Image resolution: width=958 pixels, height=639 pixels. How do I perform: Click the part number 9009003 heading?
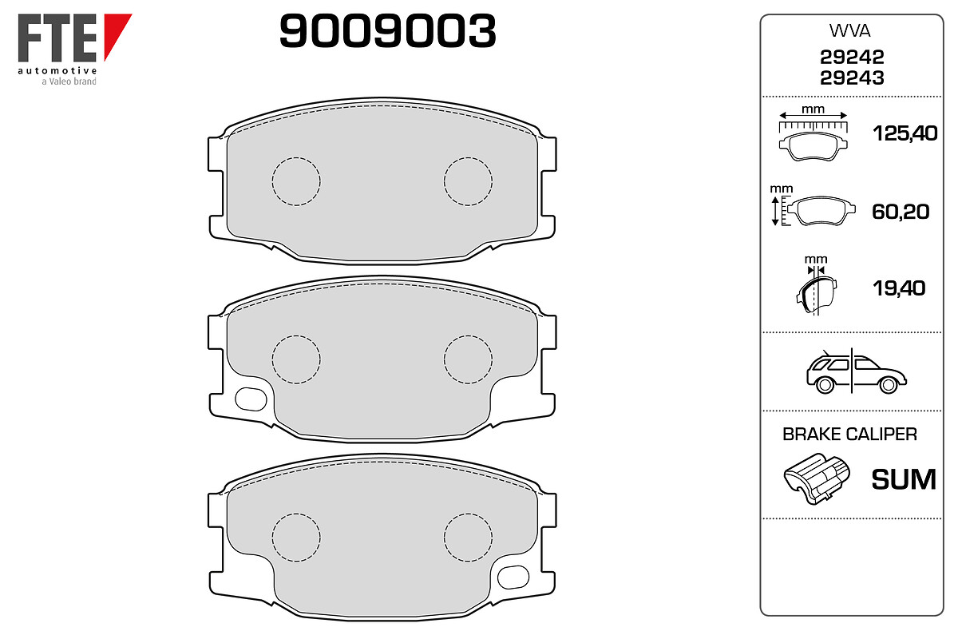click(387, 30)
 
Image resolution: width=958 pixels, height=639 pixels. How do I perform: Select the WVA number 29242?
click(852, 57)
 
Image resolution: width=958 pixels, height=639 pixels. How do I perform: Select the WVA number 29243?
click(852, 78)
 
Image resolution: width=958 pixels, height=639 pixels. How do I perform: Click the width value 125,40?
click(905, 133)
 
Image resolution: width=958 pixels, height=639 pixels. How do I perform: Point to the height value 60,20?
click(901, 212)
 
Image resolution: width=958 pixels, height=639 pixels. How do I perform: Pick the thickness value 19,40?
click(899, 288)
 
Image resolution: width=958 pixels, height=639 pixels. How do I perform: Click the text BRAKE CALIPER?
click(849, 434)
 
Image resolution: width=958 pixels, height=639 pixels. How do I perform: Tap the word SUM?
click(904, 479)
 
